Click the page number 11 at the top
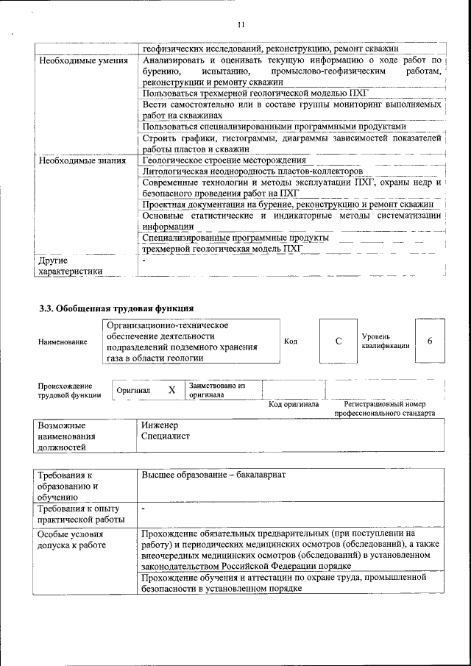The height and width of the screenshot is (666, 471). (240, 26)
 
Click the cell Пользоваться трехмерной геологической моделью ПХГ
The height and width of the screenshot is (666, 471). (254, 93)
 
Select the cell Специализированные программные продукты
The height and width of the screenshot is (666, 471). (235, 238)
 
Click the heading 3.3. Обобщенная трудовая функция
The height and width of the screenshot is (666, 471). (116, 308)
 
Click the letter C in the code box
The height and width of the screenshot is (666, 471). (339, 341)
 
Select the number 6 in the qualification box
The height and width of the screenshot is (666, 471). (430, 341)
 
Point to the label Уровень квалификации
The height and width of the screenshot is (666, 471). (385, 341)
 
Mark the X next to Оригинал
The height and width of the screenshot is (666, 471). (171, 390)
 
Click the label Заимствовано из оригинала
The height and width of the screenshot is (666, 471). (217, 390)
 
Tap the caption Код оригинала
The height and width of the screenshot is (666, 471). (293, 404)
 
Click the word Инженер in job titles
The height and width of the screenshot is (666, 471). (160, 425)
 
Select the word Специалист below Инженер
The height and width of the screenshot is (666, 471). (166, 436)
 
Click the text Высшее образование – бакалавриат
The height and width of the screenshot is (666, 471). (213, 475)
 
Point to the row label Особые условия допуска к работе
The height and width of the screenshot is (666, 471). (72, 540)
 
